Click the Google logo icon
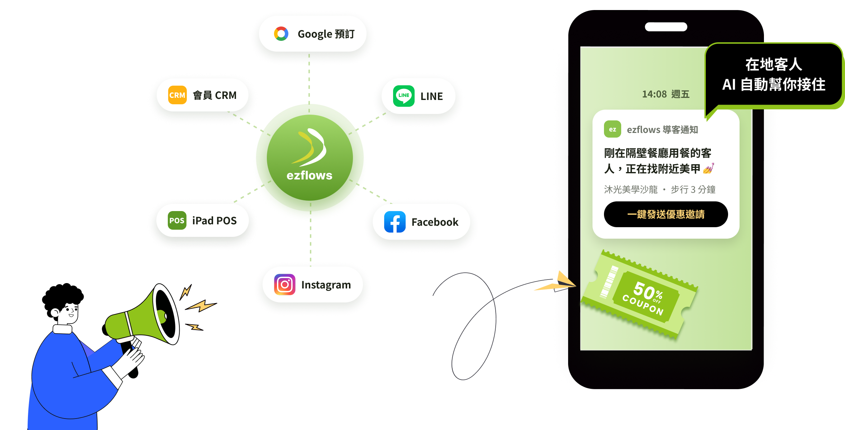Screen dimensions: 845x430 (281, 34)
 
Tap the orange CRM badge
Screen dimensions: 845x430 (178, 95)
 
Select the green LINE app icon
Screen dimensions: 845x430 (404, 96)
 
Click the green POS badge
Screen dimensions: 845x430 (177, 220)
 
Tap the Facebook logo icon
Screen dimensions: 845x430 (395, 222)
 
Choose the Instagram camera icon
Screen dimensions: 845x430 (285, 285)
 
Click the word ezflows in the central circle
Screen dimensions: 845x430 (310, 175)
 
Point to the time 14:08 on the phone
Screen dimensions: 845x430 (654, 94)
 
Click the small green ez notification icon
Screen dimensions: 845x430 (613, 129)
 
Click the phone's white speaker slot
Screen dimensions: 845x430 (666, 27)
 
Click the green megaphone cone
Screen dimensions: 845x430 (143, 315)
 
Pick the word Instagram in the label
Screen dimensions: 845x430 (326, 285)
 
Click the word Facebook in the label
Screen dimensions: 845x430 (435, 222)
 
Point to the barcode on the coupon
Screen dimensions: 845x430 (609, 282)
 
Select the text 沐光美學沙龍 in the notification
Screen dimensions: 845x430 (631, 189)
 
